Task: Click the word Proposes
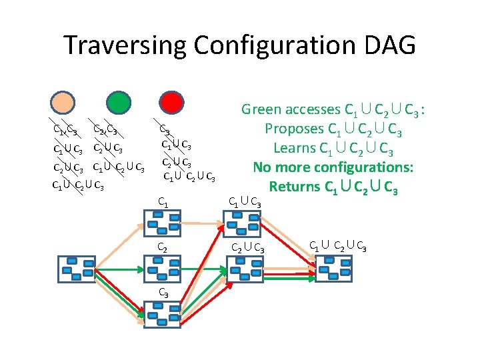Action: click(293, 128)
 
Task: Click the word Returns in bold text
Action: click(296, 186)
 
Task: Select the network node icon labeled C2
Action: click(163, 269)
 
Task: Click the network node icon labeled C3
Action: click(163, 314)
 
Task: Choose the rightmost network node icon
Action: click(333, 269)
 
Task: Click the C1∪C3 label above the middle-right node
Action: click(245, 200)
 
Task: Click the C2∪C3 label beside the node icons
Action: click(247, 249)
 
